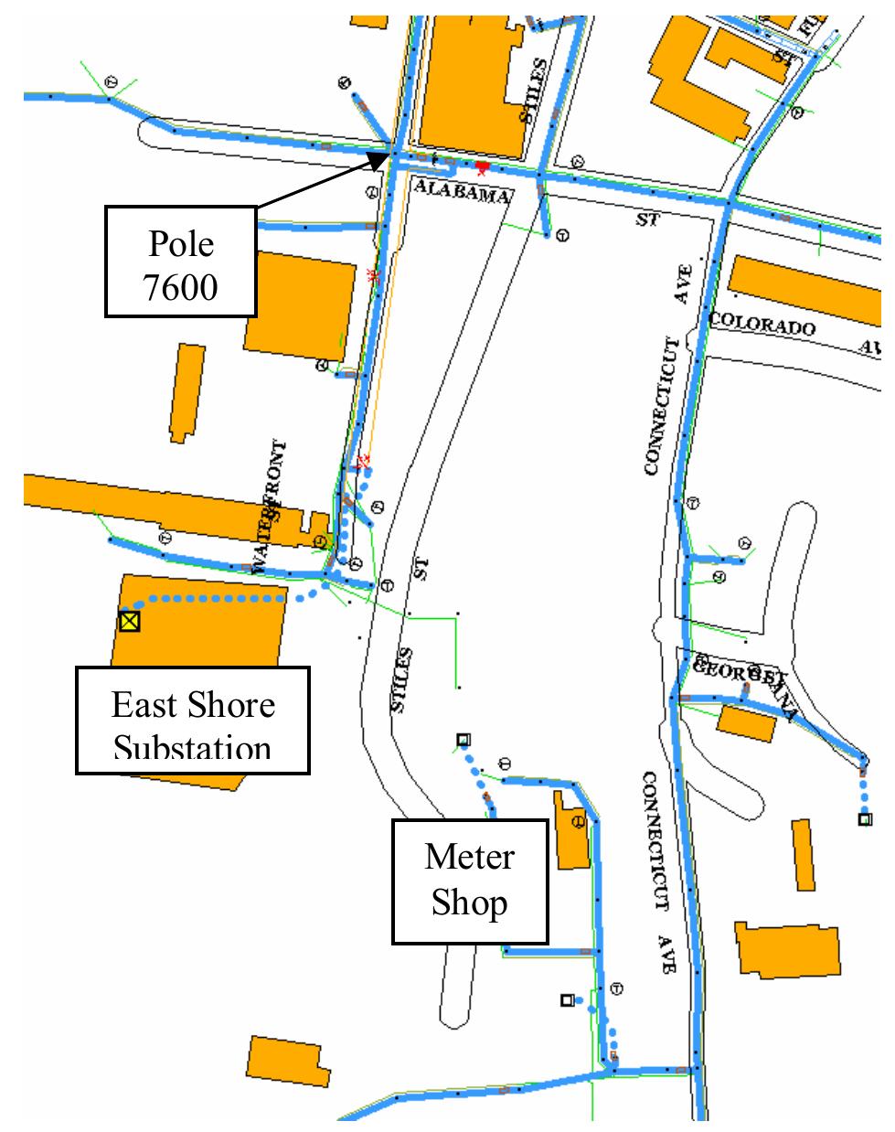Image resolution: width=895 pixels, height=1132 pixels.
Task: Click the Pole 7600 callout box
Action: tap(181, 262)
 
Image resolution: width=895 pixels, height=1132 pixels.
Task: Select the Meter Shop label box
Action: tap(470, 881)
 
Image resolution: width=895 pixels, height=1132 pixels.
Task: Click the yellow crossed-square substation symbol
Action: tap(129, 622)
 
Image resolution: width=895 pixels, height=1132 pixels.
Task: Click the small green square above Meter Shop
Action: tap(463, 740)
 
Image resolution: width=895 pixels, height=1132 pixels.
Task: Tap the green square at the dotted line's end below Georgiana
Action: tap(864, 819)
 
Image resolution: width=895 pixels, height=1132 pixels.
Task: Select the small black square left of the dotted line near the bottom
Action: tap(567, 1000)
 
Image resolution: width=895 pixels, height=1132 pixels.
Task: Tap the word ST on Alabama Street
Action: tap(646, 220)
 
